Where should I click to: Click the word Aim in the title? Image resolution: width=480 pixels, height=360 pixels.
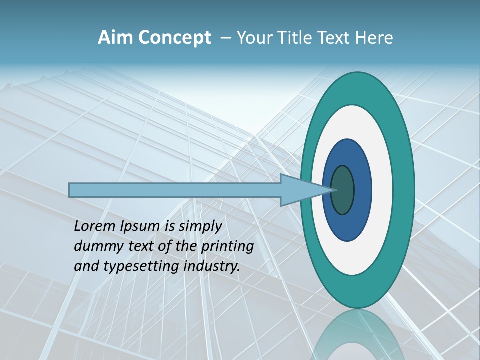pyautogui.click(x=115, y=38)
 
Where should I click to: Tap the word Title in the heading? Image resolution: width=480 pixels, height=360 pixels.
pyautogui.click(x=295, y=38)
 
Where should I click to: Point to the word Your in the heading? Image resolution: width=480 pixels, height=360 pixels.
pyautogui.click(x=254, y=38)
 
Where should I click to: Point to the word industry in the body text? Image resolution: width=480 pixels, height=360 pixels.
pyautogui.click(x=212, y=266)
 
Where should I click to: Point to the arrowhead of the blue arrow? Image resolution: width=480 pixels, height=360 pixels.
pyautogui.click(x=305, y=190)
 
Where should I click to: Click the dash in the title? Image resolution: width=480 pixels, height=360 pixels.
pyautogui.click(x=225, y=38)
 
